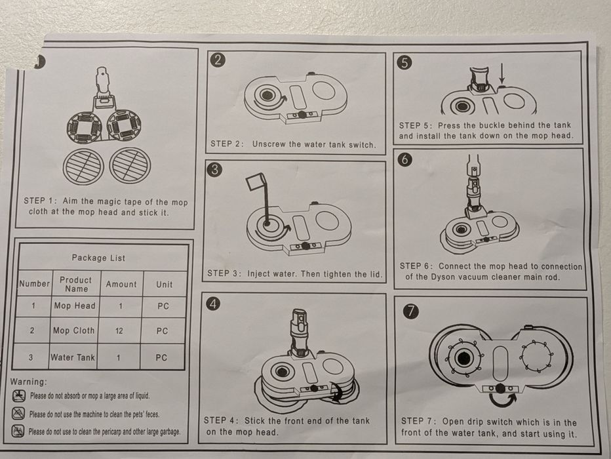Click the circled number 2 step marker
[218, 60]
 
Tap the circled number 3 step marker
[215, 170]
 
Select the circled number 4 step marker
[213, 304]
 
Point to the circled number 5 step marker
[405, 63]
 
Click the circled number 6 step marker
[405, 160]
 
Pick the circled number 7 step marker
[412, 311]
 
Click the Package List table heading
[98, 258]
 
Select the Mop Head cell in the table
[75, 306]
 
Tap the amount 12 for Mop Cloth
[119, 331]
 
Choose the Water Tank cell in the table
[73, 357]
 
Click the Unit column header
[164, 285]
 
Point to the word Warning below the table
[28, 382]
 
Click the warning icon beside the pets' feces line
[18, 413]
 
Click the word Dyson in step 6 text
[444, 277]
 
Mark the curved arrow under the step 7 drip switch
[503, 400]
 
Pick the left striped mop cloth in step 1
[83, 166]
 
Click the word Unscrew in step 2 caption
[269, 144]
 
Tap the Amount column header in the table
[121, 285]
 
